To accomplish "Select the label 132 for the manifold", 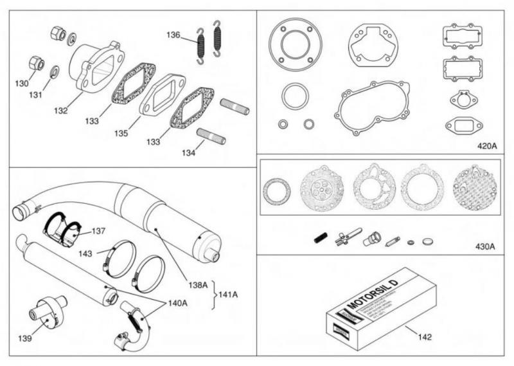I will tap(60, 111).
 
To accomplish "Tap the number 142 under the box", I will tap(425, 336).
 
